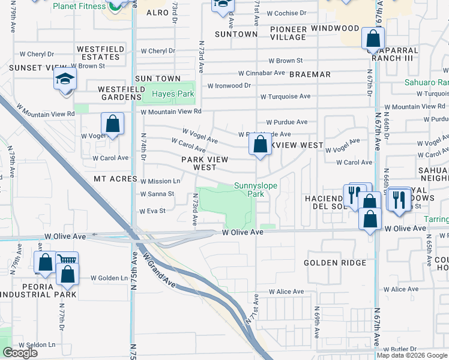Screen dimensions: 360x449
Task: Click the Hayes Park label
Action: (x=173, y=94)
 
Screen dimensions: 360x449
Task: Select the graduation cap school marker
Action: (x=65, y=80)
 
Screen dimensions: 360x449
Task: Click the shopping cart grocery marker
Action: (x=67, y=262)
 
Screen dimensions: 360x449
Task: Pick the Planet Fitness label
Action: (x=79, y=7)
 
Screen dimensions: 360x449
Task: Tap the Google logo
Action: (x=20, y=353)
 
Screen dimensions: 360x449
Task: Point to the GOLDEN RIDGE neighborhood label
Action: (x=335, y=263)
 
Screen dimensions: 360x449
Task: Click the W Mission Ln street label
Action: (x=160, y=181)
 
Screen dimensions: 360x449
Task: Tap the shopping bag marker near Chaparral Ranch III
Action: (x=373, y=39)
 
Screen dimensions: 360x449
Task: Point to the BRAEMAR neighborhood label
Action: (x=310, y=74)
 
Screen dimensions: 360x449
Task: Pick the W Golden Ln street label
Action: (x=109, y=278)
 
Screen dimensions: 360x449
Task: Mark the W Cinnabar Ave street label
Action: (x=261, y=73)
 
